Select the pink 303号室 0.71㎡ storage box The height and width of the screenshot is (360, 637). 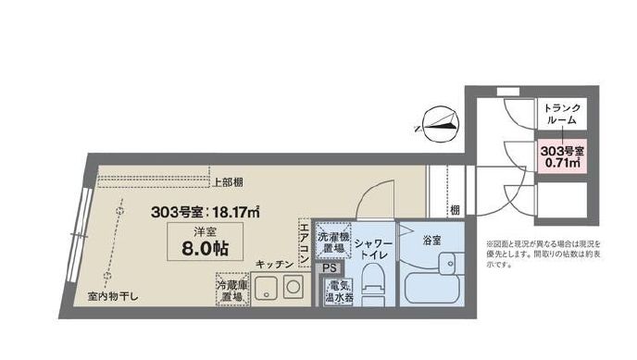(561, 155)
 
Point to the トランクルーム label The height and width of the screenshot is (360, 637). (561, 114)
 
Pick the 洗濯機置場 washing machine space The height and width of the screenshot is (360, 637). (331, 242)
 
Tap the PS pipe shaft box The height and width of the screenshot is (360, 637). (331, 269)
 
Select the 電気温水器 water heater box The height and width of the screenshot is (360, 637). (335, 292)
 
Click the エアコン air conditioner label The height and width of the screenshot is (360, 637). (304, 242)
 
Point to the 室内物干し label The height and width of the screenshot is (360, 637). (115, 296)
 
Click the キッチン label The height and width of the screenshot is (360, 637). (276, 266)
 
